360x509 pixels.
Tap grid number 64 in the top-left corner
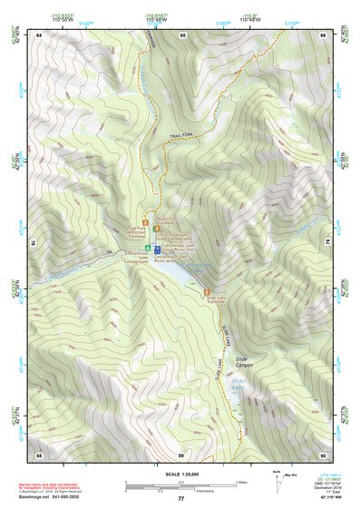(39, 34)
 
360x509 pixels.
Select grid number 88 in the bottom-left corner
(39, 453)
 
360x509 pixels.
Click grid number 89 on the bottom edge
(181, 453)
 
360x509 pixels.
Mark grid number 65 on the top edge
(182, 34)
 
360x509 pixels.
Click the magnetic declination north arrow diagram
(266, 478)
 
